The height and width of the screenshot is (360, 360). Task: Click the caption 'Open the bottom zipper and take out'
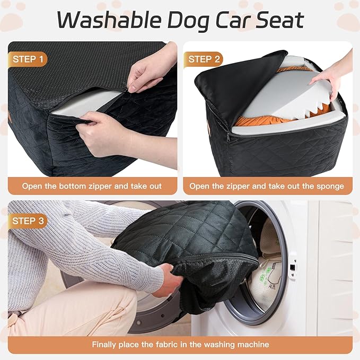click(x=92, y=186)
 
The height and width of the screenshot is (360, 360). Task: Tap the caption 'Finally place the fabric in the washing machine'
click(x=180, y=344)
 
